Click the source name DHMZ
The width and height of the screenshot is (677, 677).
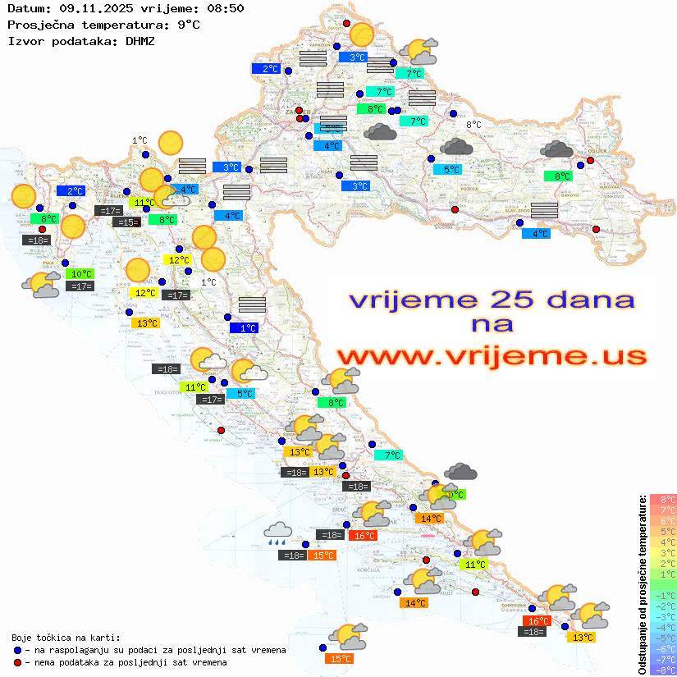[x=140, y=40]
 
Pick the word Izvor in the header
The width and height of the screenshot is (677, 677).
[x=25, y=40]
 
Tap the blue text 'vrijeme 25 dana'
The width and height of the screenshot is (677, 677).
[x=492, y=300]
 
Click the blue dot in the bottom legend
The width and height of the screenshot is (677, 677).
[x=18, y=650]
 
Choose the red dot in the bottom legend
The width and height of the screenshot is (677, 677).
[x=18, y=662]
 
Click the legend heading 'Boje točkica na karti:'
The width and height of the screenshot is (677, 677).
[x=66, y=637]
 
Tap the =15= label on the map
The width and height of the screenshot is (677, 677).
[x=126, y=222]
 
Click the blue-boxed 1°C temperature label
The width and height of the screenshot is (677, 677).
[x=244, y=328]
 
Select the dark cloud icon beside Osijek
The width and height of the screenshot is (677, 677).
[x=557, y=149]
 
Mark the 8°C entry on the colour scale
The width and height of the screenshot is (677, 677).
[x=663, y=499]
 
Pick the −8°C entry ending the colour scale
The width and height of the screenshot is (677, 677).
[x=663, y=670]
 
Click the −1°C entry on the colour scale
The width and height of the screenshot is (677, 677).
[x=663, y=595]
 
